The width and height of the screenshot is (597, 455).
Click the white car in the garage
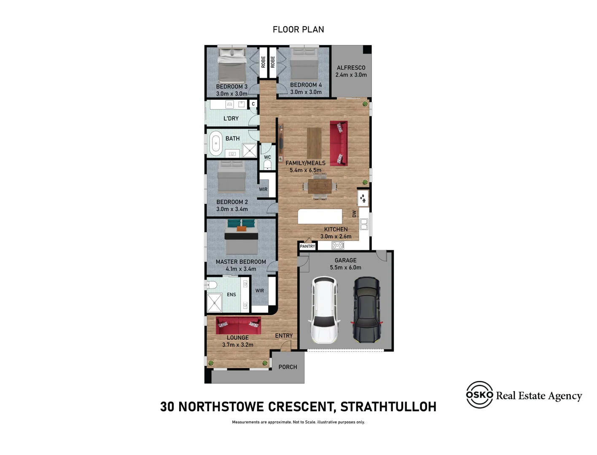point(324,310)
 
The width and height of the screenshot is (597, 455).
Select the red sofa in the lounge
point(238,325)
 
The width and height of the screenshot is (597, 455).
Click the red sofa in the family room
point(339,143)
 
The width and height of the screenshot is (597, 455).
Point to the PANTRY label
point(307,246)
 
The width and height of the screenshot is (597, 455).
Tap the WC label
point(267,157)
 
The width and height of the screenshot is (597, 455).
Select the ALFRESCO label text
point(351,68)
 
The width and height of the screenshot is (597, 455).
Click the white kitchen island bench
point(320,216)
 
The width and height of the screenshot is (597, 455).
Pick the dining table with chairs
point(320,187)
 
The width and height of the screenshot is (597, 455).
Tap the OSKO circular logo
point(479,394)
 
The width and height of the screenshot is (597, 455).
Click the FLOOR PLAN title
point(298,29)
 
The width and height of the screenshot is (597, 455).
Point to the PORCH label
point(288,367)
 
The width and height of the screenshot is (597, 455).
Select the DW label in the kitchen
point(354,214)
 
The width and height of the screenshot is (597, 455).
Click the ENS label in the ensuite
point(231,294)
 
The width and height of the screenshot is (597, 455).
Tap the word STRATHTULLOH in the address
point(388,407)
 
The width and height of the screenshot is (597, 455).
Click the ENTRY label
point(284,336)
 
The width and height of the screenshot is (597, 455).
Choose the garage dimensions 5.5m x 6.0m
point(345,268)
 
